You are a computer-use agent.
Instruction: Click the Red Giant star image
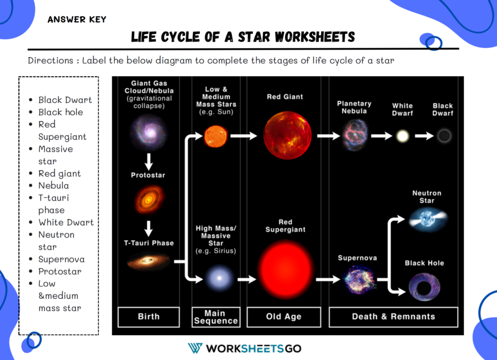point(288,135)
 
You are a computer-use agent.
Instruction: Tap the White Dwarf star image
point(403,136)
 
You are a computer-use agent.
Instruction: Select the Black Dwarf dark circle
point(444,136)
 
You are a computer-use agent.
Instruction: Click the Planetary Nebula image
point(355,135)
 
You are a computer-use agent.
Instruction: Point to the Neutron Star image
point(427,219)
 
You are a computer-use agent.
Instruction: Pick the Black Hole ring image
point(425,287)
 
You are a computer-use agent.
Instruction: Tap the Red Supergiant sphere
point(286,269)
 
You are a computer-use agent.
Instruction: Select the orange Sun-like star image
point(216,136)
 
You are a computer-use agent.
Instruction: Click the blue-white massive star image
point(219,278)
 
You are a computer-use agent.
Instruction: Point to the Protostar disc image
point(149,200)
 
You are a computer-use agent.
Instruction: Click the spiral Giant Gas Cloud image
point(149,133)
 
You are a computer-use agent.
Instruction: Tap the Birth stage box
point(149,317)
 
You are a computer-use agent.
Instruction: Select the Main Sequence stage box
point(216,317)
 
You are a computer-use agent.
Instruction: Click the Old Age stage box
point(284,317)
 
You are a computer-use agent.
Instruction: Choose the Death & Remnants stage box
point(393,317)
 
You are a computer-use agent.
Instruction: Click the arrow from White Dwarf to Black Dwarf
point(424,136)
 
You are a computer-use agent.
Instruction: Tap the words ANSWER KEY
point(77,20)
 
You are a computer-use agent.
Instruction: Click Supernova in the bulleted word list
point(61,259)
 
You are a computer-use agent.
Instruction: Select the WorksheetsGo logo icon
point(195,348)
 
